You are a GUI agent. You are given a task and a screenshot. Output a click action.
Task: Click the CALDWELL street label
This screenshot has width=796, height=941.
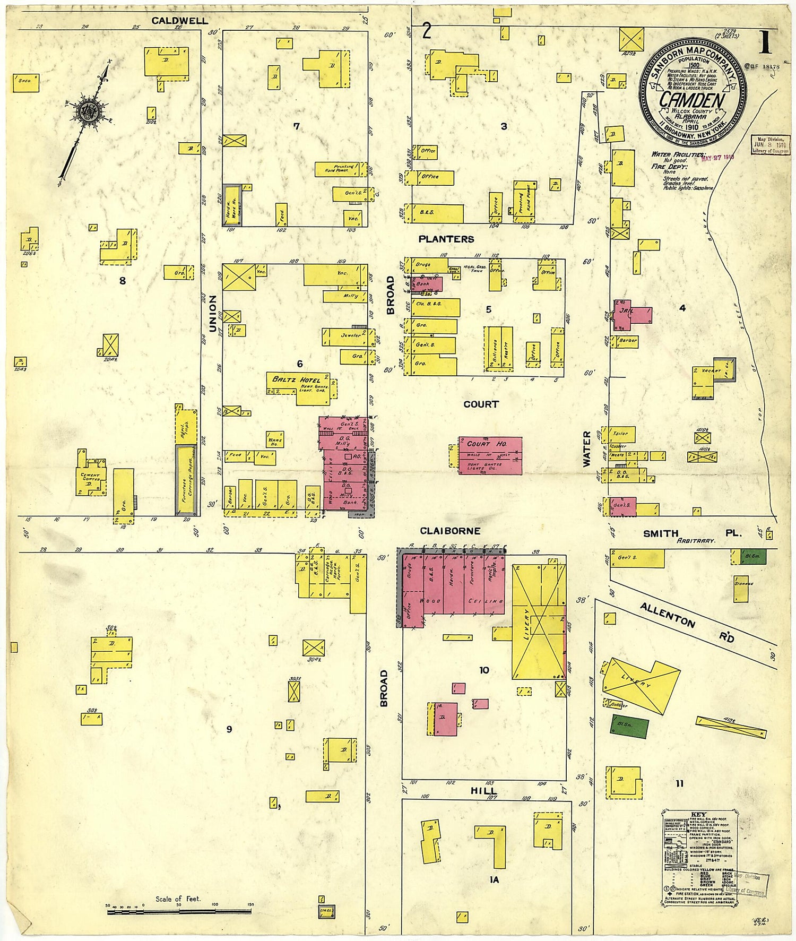179,21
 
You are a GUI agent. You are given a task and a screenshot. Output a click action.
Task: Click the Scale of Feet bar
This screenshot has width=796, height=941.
179,912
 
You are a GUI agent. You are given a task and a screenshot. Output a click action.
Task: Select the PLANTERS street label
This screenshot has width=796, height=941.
446,239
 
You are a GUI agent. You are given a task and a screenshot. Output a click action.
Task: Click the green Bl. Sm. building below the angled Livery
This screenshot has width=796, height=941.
629,727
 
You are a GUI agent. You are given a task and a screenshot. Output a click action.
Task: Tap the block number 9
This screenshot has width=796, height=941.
229,729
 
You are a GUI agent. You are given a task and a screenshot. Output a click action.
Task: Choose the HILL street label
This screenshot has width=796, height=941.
483,791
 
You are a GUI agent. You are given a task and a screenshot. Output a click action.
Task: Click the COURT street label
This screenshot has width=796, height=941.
481,404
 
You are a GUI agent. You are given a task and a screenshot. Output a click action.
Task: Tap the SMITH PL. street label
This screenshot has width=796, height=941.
690,533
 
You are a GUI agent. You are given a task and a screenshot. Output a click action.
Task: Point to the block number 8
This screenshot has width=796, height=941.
123,281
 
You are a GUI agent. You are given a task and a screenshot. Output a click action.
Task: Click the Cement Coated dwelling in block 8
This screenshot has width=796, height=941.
91,476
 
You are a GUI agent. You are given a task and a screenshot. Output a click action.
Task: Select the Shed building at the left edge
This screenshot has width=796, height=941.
25,82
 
